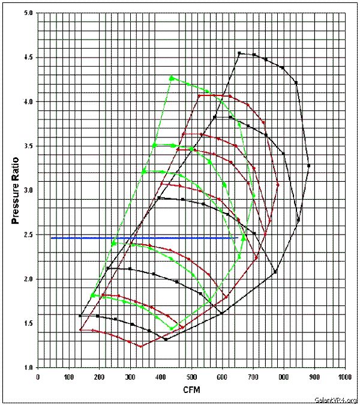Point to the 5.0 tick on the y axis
(28, 13)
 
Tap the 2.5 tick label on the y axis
(28, 235)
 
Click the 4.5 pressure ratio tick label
(28, 58)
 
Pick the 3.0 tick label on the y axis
(28, 190)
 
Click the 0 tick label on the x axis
(38, 377)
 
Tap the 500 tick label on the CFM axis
(191, 377)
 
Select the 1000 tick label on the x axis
(344, 377)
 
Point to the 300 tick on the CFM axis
(130, 377)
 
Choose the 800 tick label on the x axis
(283, 377)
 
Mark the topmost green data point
(172, 78)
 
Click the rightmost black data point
(309, 166)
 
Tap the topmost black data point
(239, 53)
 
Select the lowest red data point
(141, 346)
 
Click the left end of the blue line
(52, 238)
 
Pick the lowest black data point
(166, 340)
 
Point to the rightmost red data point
(278, 185)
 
